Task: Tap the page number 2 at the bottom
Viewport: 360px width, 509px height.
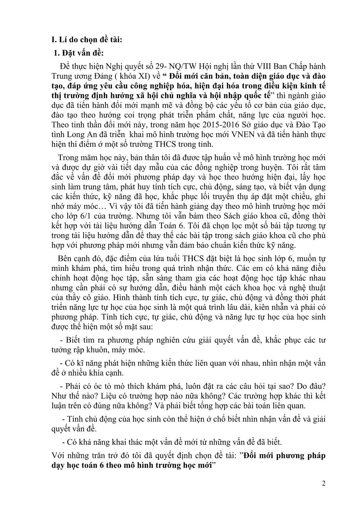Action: pyautogui.click(x=324, y=484)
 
